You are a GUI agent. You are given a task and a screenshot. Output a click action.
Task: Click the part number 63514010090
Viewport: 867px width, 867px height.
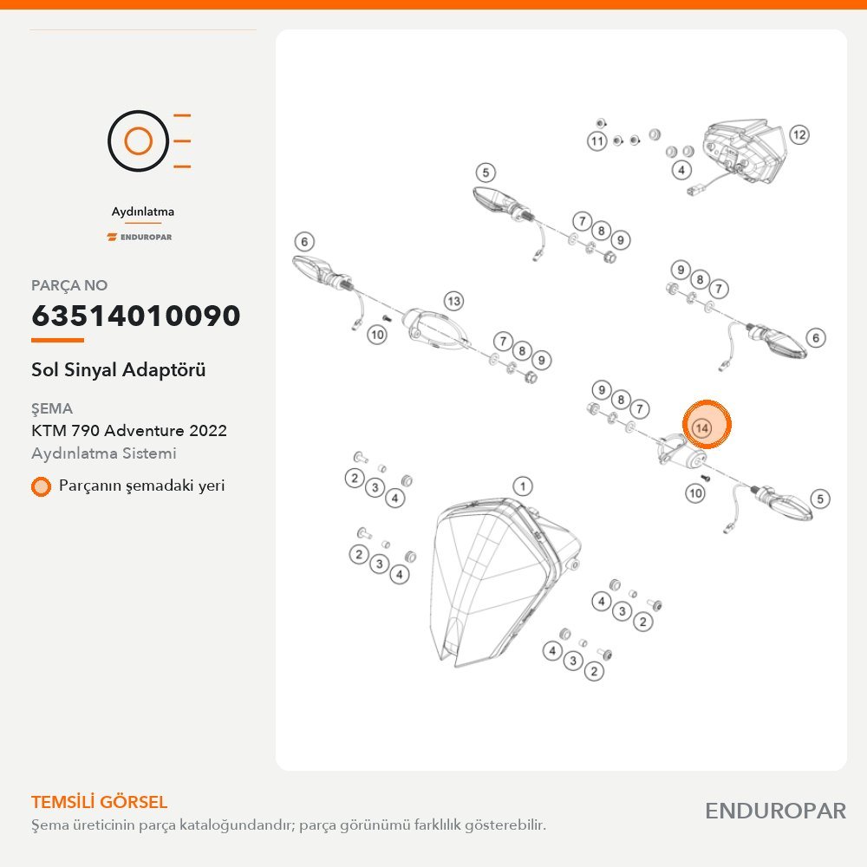coord(136,316)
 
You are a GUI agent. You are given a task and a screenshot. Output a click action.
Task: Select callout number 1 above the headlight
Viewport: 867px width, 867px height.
coord(523,486)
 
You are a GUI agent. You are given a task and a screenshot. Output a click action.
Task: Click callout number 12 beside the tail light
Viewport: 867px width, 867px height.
coord(799,134)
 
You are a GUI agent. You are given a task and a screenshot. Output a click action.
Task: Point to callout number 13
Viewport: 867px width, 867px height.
coord(454,301)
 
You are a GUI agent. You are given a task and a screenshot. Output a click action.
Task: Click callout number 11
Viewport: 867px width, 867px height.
coord(596,141)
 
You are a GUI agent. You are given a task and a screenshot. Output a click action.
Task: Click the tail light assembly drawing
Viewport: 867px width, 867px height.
coord(743,152)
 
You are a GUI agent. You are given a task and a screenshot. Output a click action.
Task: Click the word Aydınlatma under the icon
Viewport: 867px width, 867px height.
coord(143,212)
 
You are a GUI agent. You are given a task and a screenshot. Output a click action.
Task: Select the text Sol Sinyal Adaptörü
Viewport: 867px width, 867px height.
coord(118,369)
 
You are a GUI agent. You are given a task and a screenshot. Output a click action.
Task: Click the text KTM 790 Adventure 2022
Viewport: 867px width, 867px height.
coord(129,430)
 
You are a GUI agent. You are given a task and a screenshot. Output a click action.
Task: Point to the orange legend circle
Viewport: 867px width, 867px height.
coord(41,486)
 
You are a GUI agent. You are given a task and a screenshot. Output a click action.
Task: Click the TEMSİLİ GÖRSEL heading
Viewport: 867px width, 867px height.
coord(99,802)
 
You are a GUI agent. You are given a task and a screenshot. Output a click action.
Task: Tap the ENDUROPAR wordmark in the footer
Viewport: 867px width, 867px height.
coord(775,812)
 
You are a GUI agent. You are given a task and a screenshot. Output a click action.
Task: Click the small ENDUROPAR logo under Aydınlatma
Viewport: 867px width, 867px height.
coord(140,238)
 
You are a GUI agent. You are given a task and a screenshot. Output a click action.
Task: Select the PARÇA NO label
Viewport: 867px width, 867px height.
coord(69,285)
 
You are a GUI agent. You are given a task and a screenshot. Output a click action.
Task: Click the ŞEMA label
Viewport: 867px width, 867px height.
coord(52,408)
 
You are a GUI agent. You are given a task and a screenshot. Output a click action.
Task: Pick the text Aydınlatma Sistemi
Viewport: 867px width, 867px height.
coord(104,453)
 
